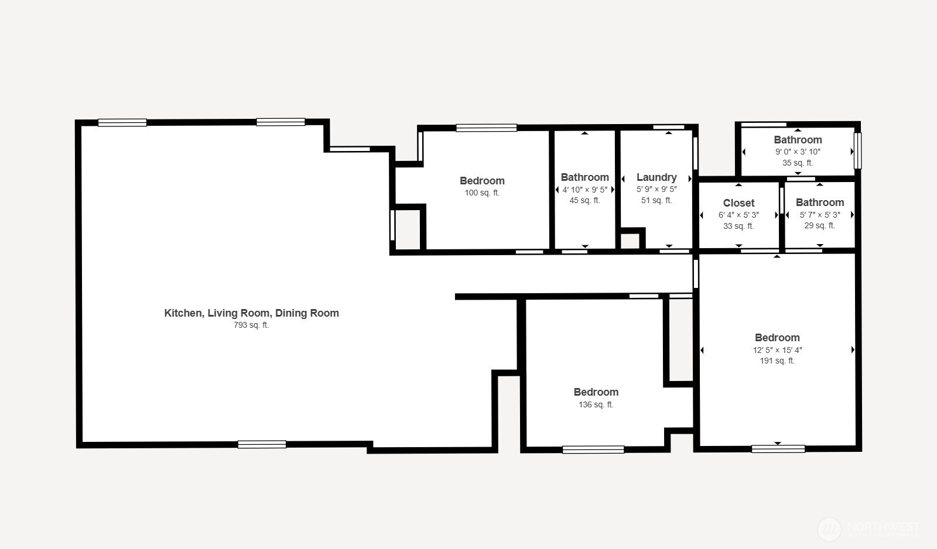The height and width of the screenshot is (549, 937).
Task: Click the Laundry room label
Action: (656, 177)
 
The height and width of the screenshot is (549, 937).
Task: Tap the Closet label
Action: (738, 203)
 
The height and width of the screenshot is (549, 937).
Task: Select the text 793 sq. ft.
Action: (251, 325)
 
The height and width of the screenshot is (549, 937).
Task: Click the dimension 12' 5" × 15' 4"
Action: (777, 350)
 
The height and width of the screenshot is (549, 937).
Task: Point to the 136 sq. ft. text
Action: (596, 404)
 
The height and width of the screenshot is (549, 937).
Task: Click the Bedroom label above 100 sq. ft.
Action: (482, 181)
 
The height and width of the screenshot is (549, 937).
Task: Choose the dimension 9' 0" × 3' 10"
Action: (798, 152)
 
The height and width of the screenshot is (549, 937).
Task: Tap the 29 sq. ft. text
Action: (819, 225)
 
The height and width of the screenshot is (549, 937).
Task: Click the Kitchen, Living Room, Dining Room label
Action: (251, 313)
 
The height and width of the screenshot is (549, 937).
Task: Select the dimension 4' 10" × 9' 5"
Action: (584, 190)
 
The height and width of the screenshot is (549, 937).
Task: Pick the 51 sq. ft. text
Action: (656, 200)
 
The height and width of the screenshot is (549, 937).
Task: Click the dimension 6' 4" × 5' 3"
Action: (738, 215)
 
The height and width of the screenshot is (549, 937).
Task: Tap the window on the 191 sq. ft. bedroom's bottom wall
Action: (778, 449)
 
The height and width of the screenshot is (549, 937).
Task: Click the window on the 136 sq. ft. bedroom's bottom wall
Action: (593, 450)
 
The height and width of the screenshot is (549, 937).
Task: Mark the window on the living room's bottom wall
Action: (262, 444)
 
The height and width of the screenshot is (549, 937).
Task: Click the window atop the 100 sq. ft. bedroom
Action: (486, 128)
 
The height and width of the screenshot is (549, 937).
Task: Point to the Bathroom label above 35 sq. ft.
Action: (798, 139)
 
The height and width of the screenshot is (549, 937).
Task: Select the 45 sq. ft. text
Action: (584, 200)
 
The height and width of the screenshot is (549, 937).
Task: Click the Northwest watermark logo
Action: (829, 529)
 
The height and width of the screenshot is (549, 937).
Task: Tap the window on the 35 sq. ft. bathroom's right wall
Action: (857, 150)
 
